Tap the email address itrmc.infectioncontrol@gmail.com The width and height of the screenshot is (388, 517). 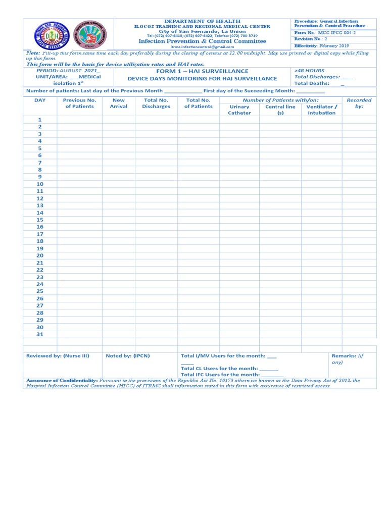[x=202, y=46]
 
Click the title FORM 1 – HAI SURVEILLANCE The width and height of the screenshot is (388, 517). [x=202, y=71]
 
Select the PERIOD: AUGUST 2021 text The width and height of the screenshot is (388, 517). [x=65, y=71]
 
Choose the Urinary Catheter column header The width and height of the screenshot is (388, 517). [x=239, y=110]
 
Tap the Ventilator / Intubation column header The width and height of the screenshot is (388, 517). [x=321, y=110]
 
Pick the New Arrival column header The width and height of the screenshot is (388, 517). [x=119, y=104]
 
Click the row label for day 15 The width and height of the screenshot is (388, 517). [x=40, y=220]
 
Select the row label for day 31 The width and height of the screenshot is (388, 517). [x=40, y=334]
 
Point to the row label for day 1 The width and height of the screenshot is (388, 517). [x=40, y=120]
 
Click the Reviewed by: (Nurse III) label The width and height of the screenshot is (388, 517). [x=58, y=356]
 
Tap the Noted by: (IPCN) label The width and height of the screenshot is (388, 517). [x=127, y=356]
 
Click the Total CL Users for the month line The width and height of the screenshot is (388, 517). [x=229, y=369]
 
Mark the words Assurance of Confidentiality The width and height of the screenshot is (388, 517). [x=62, y=381]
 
